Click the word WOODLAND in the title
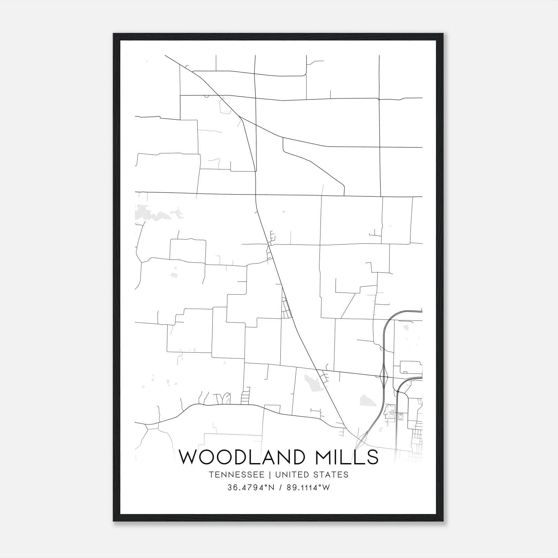coord(242,457)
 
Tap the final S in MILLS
coord(372,457)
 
